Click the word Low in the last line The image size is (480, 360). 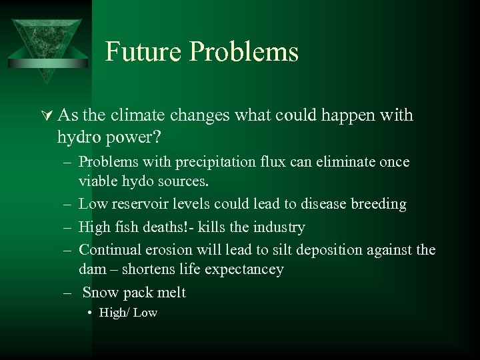(x=145, y=313)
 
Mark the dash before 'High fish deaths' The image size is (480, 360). (x=69, y=227)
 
